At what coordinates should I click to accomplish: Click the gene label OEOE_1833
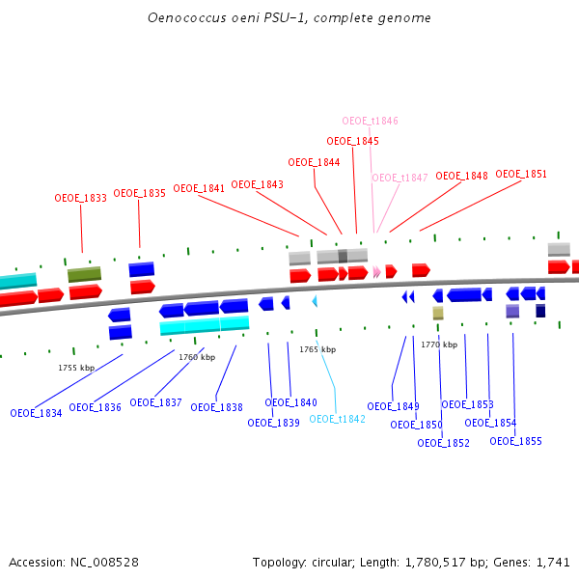click(x=80, y=198)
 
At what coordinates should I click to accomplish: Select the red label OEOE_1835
click(x=140, y=193)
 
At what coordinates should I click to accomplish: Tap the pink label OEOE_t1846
click(x=371, y=121)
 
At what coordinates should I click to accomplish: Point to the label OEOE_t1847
click(x=400, y=178)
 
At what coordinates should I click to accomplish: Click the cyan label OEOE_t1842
click(x=337, y=419)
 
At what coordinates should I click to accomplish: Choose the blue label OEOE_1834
click(x=36, y=413)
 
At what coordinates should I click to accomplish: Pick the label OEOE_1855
click(x=515, y=441)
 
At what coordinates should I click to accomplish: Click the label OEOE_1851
click(x=521, y=174)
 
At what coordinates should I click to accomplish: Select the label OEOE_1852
click(x=443, y=443)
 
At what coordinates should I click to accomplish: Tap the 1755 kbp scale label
click(x=76, y=368)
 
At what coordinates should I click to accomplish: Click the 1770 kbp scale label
click(x=439, y=345)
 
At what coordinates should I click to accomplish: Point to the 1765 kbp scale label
click(x=317, y=349)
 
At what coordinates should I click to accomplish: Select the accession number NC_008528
click(x=105, y=562)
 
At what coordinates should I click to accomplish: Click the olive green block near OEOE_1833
click(x=84, y=275)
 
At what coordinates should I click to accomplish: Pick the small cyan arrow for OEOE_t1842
click(x=314, y=302)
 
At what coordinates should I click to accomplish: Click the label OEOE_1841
click(x=199, y=188)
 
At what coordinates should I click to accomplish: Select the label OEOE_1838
click(x=216, y=407)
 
